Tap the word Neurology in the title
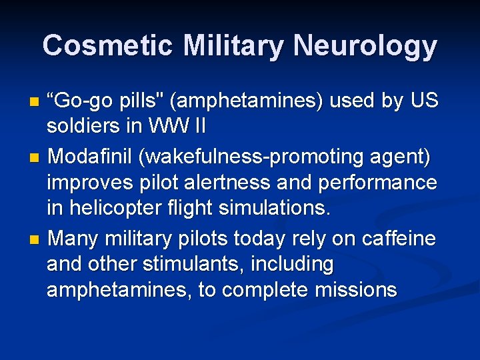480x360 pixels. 364,46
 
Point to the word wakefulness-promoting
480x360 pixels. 259,158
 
